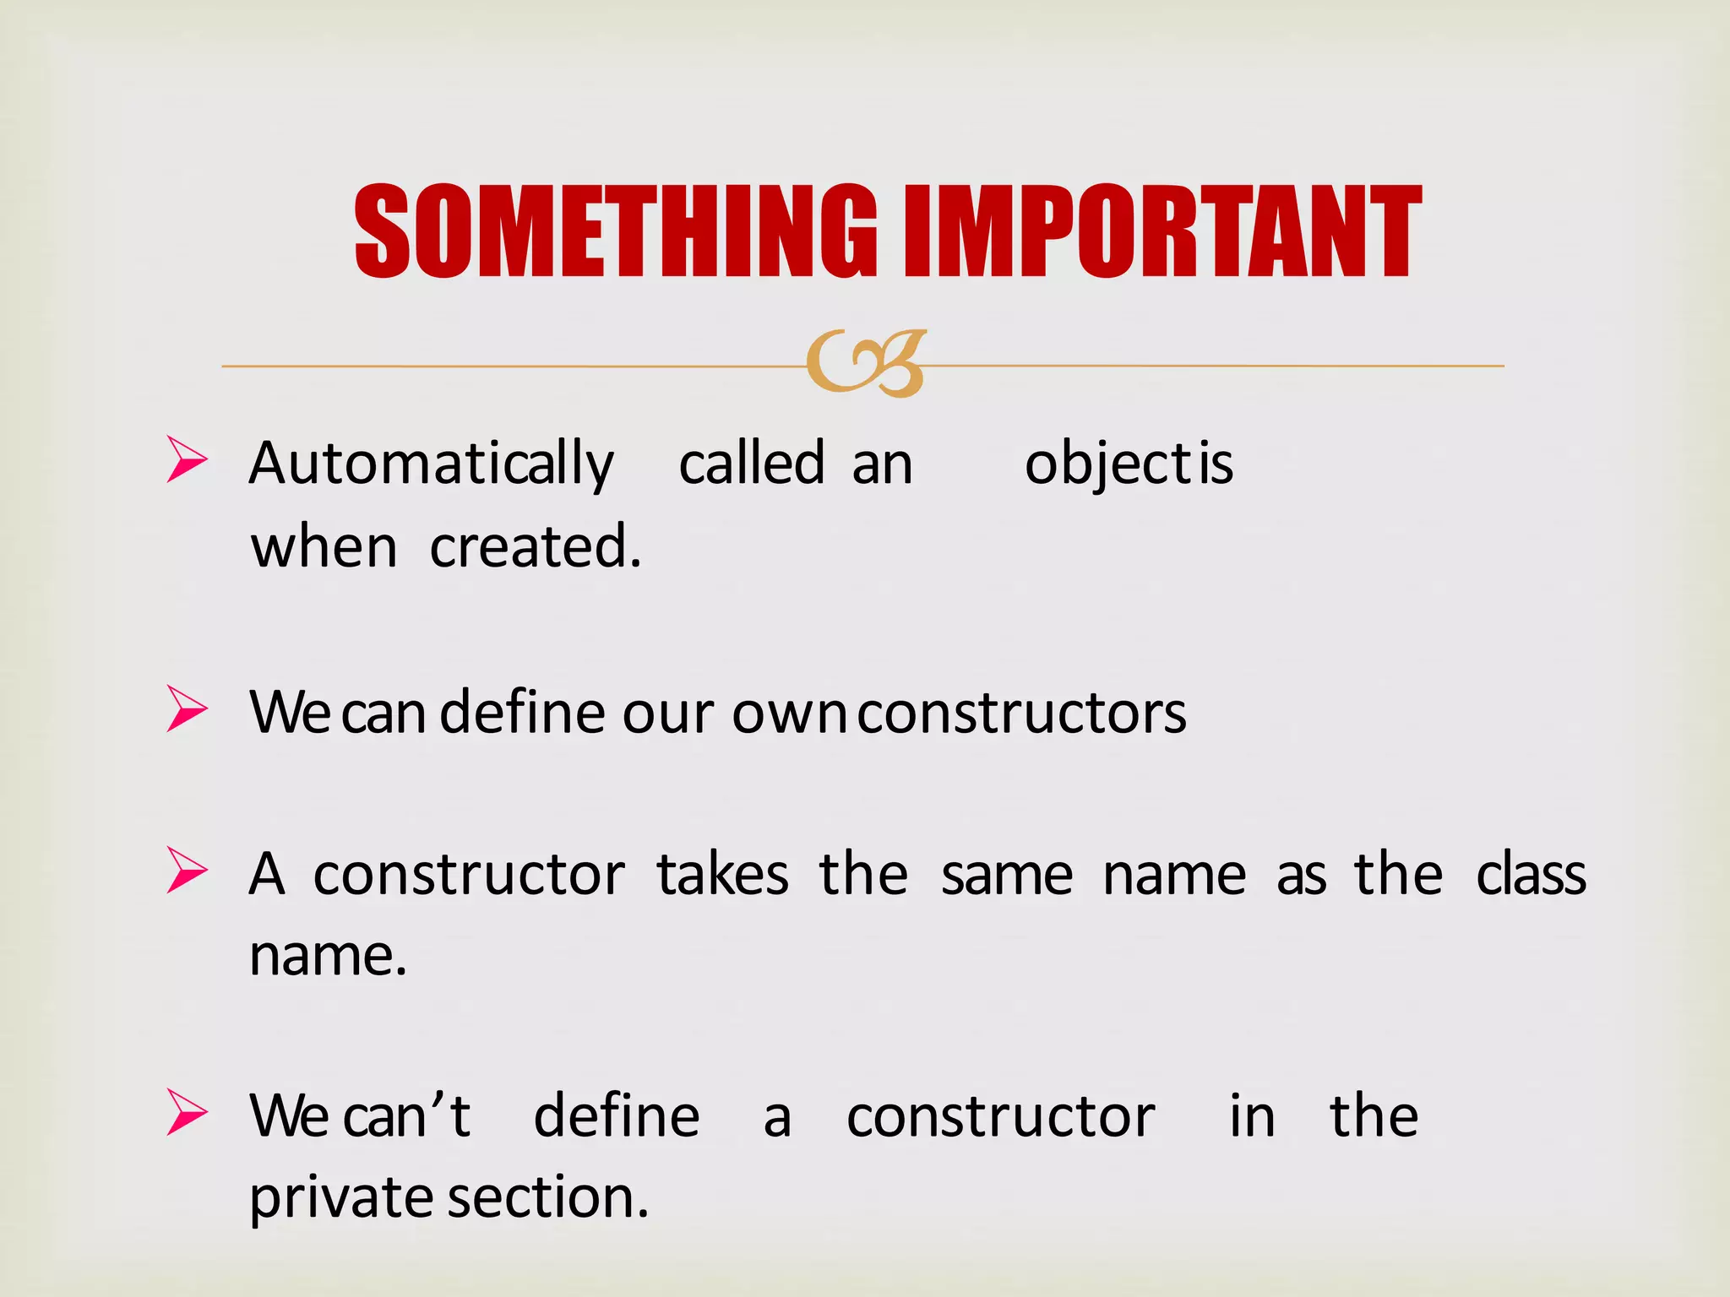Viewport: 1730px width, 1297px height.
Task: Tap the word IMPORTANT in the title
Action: pos(1162,231)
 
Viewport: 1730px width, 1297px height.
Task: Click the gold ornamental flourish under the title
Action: pos(865,364)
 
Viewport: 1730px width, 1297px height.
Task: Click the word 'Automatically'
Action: pos(432,464)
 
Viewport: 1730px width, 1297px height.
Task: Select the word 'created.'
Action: pos(536,547)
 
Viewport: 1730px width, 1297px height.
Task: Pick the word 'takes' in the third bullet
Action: pos(723,874)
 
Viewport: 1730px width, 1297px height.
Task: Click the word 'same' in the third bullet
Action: pos(1007,876)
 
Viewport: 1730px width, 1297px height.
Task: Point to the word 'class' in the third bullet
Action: pos(1531,874)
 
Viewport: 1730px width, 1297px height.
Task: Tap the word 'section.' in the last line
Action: pos(548,1197)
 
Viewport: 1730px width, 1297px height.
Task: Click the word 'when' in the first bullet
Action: pos(324,547)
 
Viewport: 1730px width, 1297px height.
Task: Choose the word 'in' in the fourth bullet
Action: pos(1252,1115)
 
